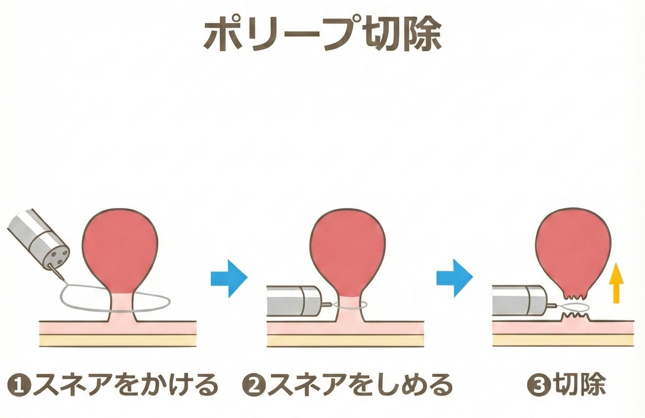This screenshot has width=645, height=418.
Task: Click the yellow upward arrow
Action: tap(616, 283)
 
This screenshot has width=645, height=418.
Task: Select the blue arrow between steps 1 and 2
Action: tap(229, 278)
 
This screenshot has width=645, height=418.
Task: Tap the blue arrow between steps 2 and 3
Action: tap(454, 278)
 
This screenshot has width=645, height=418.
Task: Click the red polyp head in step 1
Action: tap(120, 249)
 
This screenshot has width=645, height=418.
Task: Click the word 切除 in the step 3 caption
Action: tap(579, 385)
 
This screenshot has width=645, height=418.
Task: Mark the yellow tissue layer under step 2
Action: tap(345, 340)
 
